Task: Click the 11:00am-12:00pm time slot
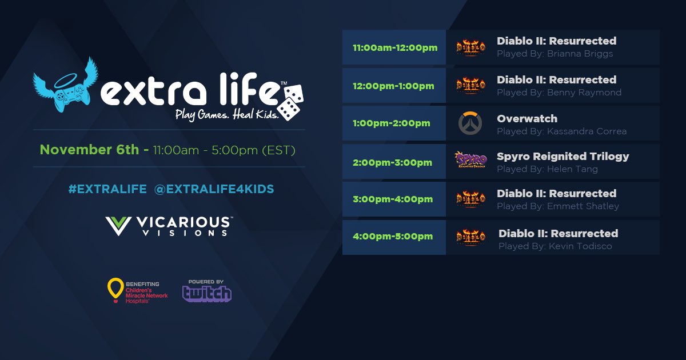395,47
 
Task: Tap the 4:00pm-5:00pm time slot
393,237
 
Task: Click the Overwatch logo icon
470,123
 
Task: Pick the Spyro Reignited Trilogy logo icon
470,161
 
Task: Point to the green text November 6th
89,150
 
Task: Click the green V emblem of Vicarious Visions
119,226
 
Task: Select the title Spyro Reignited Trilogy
563,156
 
